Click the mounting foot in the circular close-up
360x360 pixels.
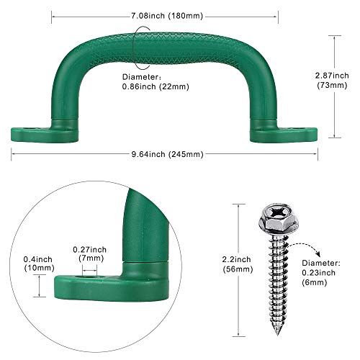tap(108, 283)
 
